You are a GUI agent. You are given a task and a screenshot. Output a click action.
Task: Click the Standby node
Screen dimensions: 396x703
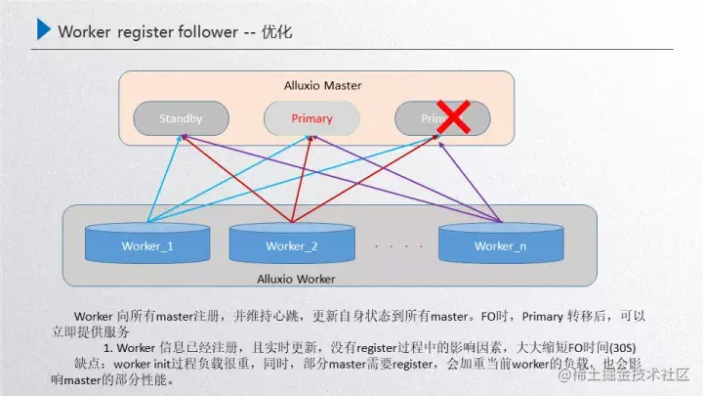click(181, 118)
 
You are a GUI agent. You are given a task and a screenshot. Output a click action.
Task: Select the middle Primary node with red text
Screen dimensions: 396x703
click(311, 118)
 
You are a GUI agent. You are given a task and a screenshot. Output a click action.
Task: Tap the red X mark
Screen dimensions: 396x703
click(452, 117)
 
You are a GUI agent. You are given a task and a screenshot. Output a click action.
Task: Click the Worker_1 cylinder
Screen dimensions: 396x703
click(147, 244)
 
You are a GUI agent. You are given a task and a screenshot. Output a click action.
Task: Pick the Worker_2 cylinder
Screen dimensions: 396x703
click(291, 244)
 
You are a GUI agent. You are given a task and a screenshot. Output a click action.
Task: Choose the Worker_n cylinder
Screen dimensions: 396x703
click(500, 244)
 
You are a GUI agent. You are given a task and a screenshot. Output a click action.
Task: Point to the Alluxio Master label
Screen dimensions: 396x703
click(322, 86)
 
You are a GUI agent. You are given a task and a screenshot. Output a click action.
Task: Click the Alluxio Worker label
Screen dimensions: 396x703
click(295, 280)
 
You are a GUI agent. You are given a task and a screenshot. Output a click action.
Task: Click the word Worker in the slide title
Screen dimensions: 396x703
click(83, 32)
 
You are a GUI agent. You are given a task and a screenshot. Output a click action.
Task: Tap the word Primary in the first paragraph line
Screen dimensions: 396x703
click(542, 316)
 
